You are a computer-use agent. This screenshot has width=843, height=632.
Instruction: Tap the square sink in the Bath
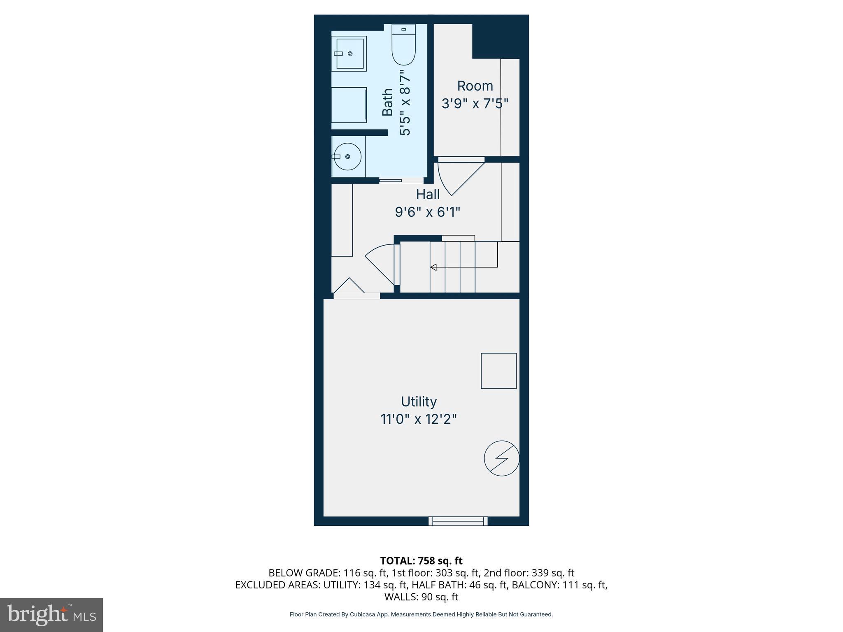[x=349, y=53]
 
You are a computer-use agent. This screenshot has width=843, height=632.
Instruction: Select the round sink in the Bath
[x=348, y=157]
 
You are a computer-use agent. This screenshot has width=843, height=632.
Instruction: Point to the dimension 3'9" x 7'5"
[x=475, y=104]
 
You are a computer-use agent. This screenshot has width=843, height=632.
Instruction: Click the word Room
[x=475, y=86]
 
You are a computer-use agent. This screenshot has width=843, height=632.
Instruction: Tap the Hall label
[x=428, y=194]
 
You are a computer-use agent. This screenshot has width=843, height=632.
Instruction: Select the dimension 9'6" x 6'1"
[x=428, y=212]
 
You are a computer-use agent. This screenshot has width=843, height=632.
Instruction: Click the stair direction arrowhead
[x=433, y=267]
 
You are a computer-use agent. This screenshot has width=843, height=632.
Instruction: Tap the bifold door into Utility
[x=349, y=287]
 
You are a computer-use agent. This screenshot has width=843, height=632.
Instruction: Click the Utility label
[x=419, y=402]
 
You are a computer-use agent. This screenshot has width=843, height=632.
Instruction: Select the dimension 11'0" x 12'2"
[x=419, y=420]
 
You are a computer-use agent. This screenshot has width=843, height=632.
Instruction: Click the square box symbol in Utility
[x=499, y=371]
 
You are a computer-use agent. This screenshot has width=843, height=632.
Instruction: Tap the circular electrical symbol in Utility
[x=501, y=459]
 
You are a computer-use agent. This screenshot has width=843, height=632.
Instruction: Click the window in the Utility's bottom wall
[x=458, y=521]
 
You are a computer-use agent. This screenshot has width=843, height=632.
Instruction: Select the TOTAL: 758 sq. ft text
[x=421, y=561]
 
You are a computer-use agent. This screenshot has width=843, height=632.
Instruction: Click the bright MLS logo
[x=51, y=615]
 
